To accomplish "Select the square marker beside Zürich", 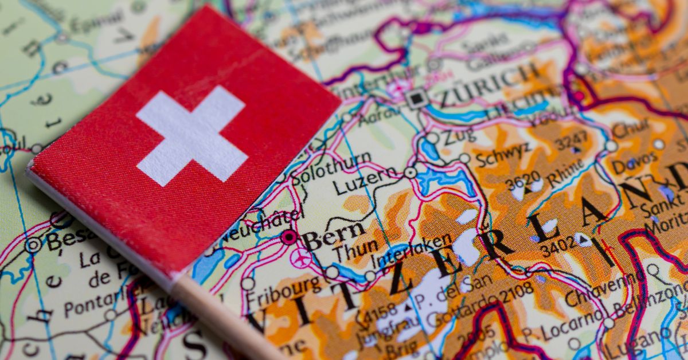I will click(x=417, y=98).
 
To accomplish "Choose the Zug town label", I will click(x=459, y=134).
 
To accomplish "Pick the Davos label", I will click(x=634, y=162).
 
